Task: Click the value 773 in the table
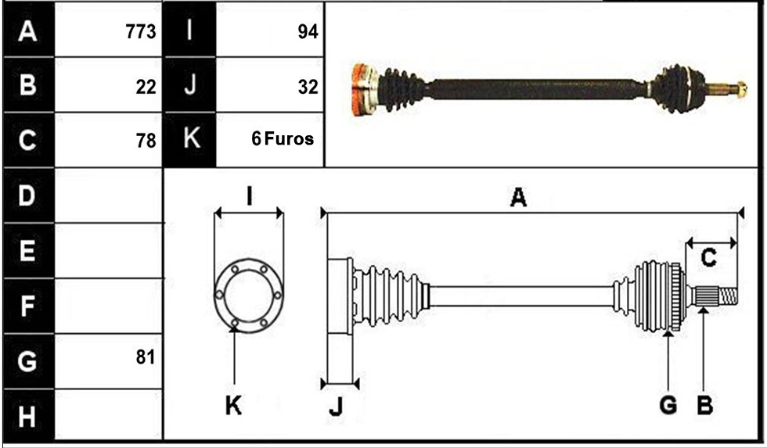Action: [141, 32]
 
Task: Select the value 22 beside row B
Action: [146, 87]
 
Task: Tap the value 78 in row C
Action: [146, 141]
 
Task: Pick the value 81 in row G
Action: [146, 357]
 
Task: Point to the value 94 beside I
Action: [308, 32]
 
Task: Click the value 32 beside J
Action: [308, 87]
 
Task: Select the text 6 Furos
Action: [283, 138]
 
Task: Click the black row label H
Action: [28, 417]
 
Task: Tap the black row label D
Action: [28, 195]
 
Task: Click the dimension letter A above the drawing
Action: [518, 198]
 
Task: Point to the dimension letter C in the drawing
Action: [708, 257]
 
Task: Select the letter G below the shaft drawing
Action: [668, 405]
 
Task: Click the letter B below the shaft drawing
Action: [704, 405]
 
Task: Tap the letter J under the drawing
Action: [336, 406]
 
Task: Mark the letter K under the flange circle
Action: [233, 405]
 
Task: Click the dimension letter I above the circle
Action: [250, 197]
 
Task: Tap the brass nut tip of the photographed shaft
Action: [742, 88]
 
